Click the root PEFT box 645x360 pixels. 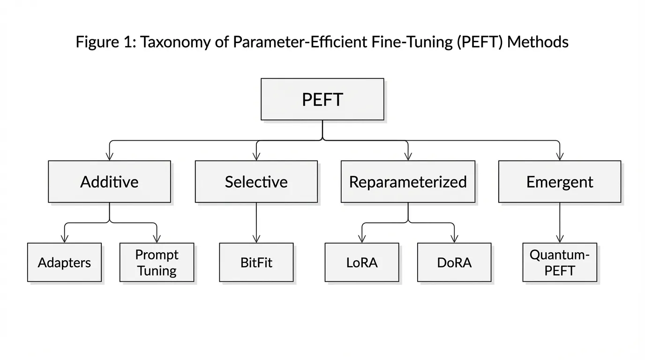click(322, 99)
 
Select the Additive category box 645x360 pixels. click(109, 182)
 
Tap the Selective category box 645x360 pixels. click(256, 182)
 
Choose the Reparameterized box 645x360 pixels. click(408, 182)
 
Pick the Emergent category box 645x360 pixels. click(559, 182)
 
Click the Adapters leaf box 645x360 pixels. click(64, 262)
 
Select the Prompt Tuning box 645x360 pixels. click(157, 262)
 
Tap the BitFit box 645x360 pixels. click(256, 262)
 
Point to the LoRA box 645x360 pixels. click(362, 262)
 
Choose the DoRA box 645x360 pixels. click(454, 262)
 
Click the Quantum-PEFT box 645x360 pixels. click(560, 262)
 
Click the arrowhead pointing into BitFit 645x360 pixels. click(256, 239)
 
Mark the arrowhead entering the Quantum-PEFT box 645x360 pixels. click(560, 239)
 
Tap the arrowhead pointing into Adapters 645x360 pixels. click(64, 239)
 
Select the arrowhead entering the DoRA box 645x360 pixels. click(454, 239)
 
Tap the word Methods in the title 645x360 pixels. click(538, 42)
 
